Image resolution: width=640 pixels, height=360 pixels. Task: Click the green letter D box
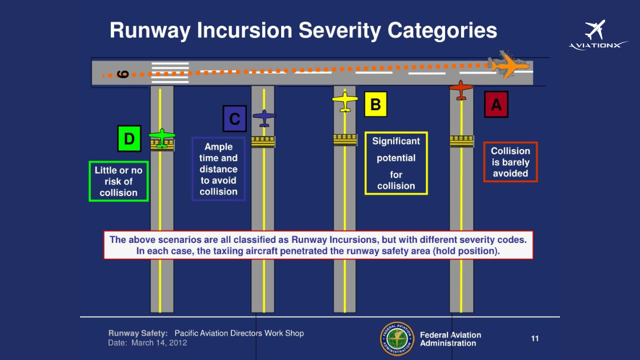(129, 138)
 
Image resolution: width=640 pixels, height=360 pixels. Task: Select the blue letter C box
(234, 119)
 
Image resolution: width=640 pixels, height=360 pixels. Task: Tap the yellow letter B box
(375, 104)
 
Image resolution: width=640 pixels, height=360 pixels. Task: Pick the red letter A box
(496, 105)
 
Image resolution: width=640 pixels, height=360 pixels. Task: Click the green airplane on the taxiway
(162, 137)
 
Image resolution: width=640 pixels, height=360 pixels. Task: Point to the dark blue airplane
(264, 118)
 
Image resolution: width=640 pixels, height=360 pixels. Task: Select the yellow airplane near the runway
(345, 101)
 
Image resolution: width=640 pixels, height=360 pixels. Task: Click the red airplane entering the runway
(461, 90)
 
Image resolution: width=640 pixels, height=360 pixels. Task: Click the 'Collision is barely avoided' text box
(510, 162)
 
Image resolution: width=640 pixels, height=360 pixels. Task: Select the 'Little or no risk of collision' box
(118, 181)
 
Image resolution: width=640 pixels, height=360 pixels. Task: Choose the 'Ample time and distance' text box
(218, 169)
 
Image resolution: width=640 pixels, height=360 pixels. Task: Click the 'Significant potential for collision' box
(396, 163)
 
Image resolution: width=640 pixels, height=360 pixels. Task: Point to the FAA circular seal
(397, 339)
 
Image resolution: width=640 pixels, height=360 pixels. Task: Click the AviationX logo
(597, 35)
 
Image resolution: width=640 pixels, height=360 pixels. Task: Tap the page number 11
(535, 338)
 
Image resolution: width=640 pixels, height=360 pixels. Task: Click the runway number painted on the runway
(122, 74)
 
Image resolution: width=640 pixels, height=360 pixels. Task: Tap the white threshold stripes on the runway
(170, 72)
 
